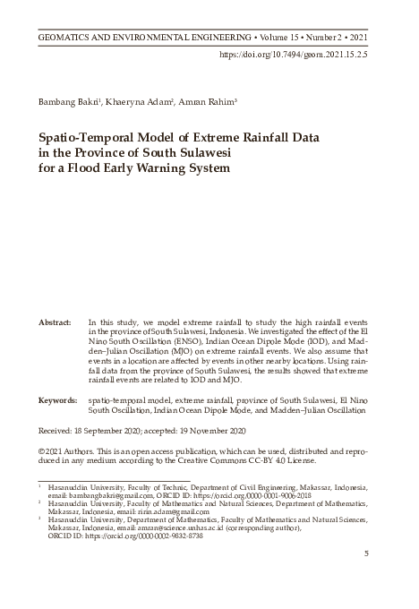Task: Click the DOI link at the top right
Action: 293,55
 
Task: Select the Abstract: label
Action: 56,320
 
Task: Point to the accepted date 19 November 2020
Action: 210,430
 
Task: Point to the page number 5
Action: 366,554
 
